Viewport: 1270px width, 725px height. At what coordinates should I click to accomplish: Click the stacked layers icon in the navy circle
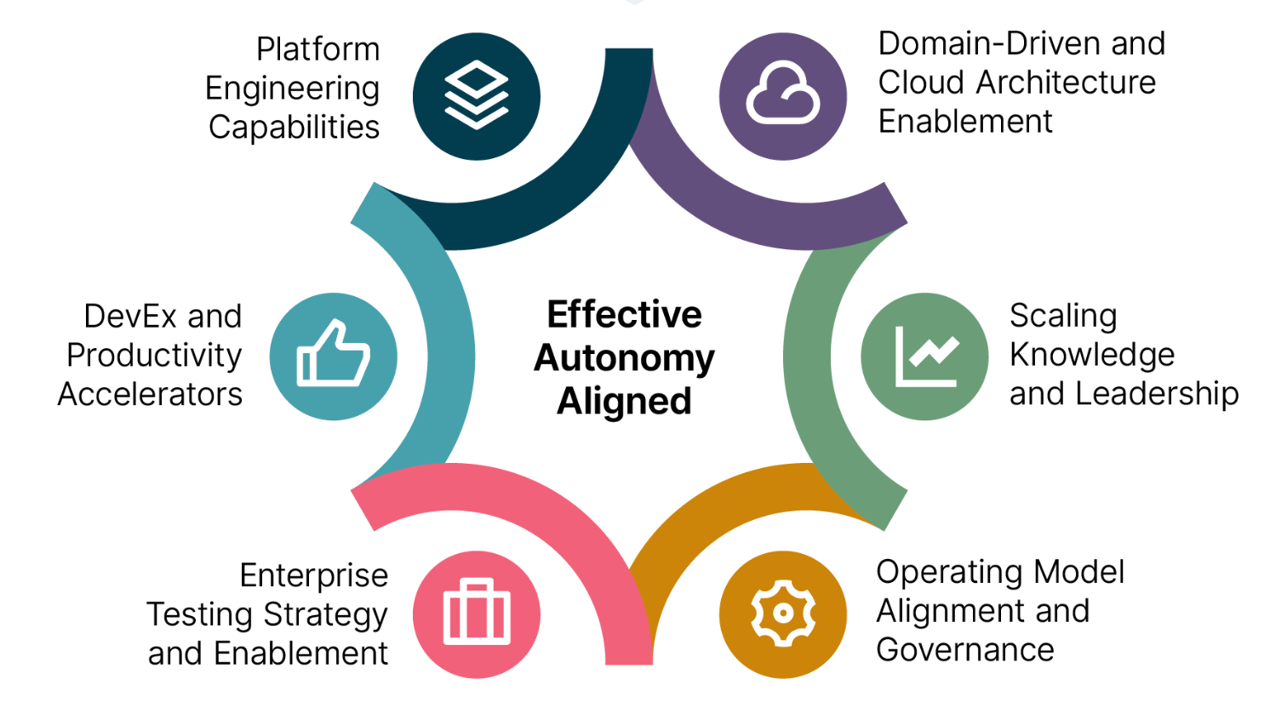(x=477, y=95)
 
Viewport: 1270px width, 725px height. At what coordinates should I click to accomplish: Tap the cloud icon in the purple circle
(x=783, y=95)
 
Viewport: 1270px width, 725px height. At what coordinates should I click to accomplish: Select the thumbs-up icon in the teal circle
(x=333, y=356)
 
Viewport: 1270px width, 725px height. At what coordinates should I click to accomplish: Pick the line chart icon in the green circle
(x=925, y=356)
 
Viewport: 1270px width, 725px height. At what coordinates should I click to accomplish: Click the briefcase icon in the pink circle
(x=477, y=614)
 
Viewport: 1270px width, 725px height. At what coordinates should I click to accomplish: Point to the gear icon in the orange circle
(x=783, y=614)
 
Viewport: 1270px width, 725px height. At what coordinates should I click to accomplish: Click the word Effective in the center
(x=624, y=315)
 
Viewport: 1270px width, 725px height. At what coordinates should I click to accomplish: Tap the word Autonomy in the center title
(x=624, y=358)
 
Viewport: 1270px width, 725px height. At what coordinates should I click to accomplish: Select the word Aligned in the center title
(x=624, y=402)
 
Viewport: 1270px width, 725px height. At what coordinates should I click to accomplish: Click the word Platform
(x=317, y=49)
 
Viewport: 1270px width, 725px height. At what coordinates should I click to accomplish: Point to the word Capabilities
(x=294, y=127)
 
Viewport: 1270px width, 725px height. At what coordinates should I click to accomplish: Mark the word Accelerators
(x=150, y=395)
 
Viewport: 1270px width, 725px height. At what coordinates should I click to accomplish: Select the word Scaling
(x=1063, y=317)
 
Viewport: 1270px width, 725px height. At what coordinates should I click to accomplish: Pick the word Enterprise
(x=314, y=576)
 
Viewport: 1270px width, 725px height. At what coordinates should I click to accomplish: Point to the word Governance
(x=965, y=650)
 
